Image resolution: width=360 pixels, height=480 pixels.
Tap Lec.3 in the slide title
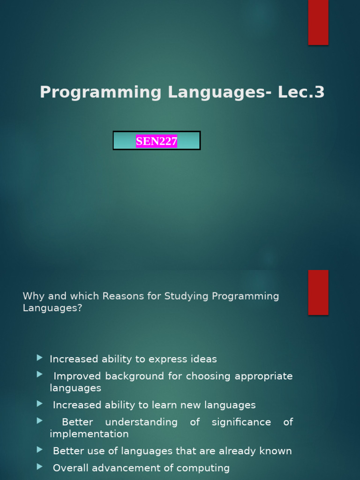point(301,92)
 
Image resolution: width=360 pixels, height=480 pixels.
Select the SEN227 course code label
point(157,141)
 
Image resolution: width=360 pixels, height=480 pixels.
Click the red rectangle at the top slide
point(318,22)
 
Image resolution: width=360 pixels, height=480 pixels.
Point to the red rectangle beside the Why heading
point(318,292)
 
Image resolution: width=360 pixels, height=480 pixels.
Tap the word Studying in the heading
point(187,296)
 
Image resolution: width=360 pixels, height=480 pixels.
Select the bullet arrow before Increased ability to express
point(39,358)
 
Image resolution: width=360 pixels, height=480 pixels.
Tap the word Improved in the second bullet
point(77,376)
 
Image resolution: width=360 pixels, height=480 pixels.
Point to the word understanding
point(141,422)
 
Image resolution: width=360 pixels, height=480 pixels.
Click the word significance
point(241,422)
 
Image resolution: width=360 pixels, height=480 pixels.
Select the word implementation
point(89,434)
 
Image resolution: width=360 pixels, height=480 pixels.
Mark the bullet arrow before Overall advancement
point(39,466)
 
